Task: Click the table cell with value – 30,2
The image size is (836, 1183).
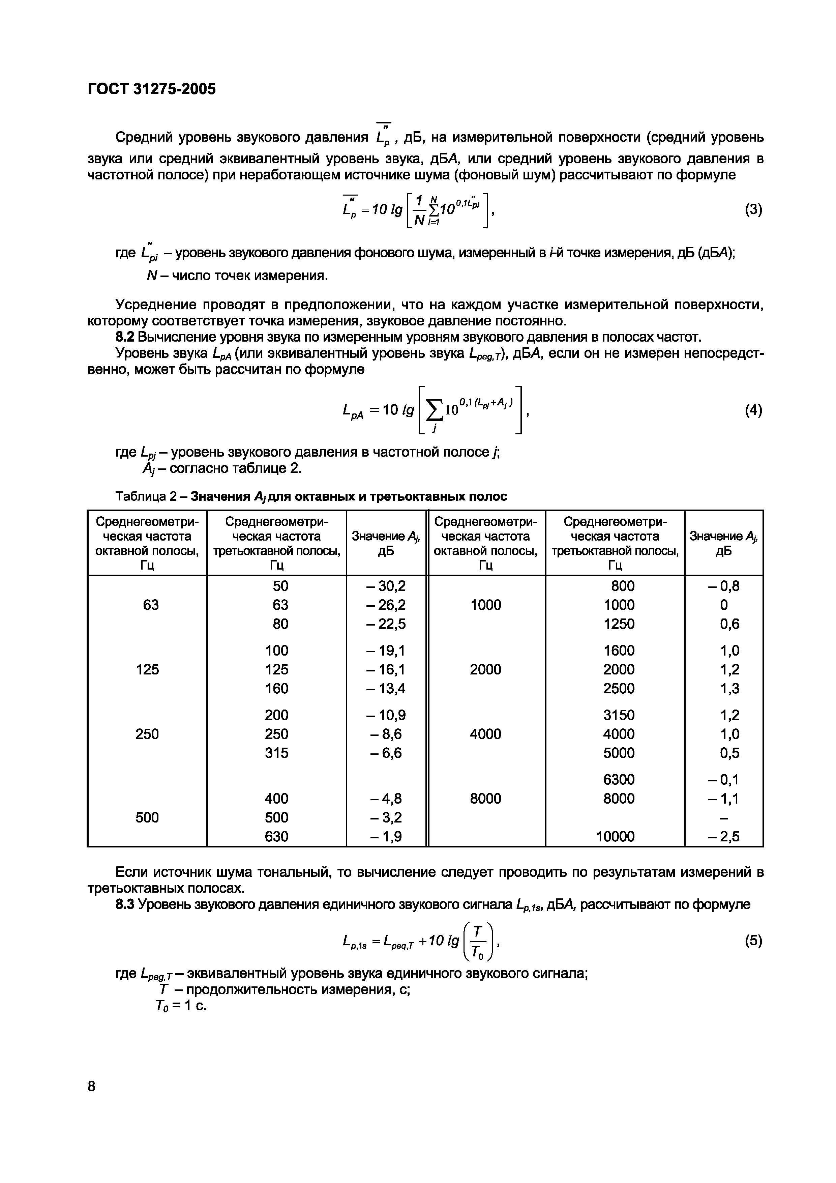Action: (x=386, y=586)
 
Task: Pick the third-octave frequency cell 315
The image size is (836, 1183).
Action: (x=277, y=753)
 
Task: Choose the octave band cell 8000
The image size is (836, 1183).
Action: (x=485, y=799)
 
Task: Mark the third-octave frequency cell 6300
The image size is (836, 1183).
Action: (x=619, y=779)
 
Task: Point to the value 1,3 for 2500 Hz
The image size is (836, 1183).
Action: (x=729, y=688)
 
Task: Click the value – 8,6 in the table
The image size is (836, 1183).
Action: (x=386, y=734)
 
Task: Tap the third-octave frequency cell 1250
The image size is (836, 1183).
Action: (x=619, y=624)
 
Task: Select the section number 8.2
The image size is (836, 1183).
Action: (x=125, y=338)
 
